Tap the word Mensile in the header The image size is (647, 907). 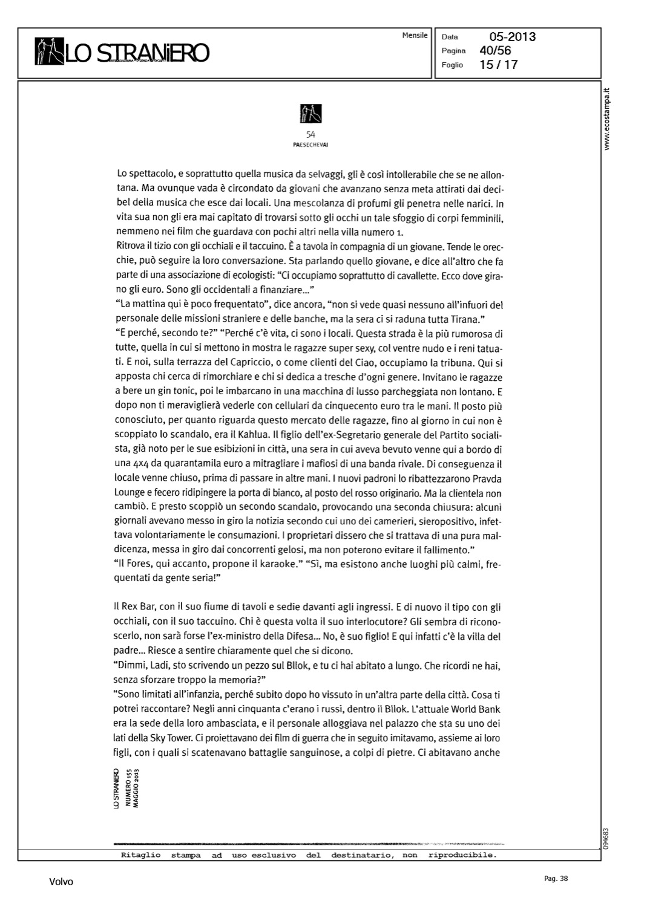415,36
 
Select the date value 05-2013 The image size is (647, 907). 513,37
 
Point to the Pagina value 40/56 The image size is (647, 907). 495,51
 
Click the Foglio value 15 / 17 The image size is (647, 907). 498,65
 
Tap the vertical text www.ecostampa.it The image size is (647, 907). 608,120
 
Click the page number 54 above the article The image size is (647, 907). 311,135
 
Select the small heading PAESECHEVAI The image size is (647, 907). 310,145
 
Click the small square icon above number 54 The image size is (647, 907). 311,114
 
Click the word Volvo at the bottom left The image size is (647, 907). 61,882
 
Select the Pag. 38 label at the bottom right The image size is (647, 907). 556,879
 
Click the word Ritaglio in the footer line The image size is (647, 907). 140,855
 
